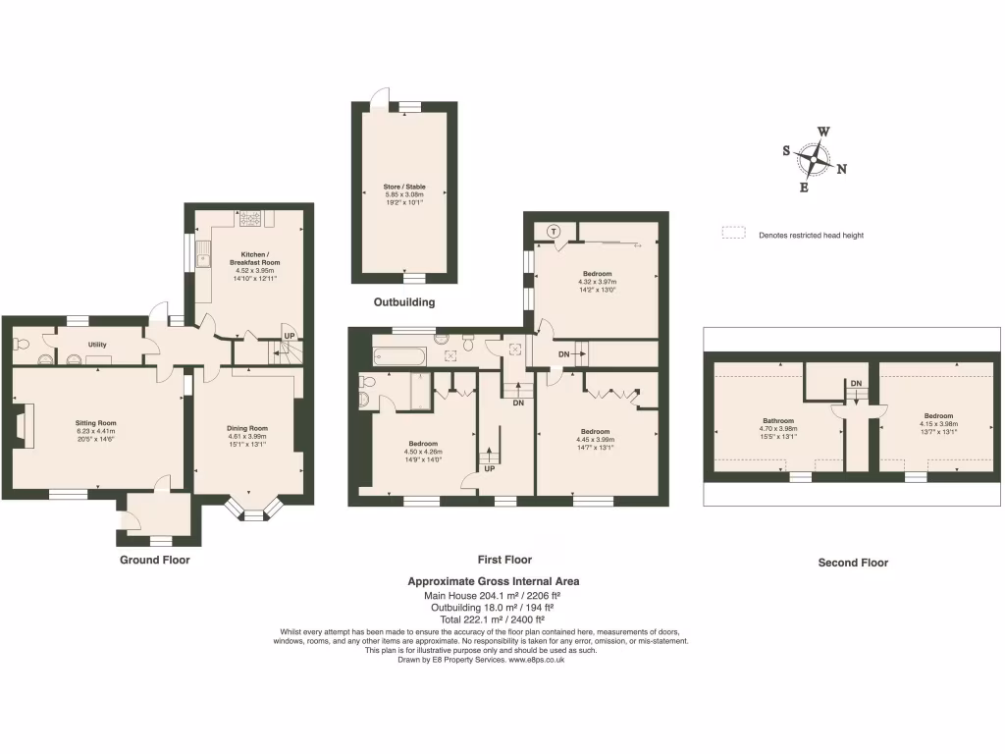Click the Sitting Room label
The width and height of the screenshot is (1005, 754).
pyautogui.click(x=96, y=423)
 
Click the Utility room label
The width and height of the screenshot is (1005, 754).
pyautogui.click(x=97, y=345)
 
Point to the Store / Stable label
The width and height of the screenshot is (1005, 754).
pyautogui.click(x=404, y=187)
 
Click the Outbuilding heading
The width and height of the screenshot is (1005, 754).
pyautogui.click(x=404, y=302)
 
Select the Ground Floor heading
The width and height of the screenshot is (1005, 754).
pyautogui.click(x=155, y=560)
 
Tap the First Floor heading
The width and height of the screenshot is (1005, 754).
pyautogui.click(x=504, y=560)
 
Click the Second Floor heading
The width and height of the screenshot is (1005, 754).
pyautogui.click(x=853, y=563)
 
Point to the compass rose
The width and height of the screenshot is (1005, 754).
pyautogui.click(x=814, y=158)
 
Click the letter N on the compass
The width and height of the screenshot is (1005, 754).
pyautogui.click(x=842, y=169)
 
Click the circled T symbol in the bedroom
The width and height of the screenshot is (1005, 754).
pyautogui.click(x=555, y=232)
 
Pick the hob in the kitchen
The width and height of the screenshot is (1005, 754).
pyautogui.click(x=249, y=218)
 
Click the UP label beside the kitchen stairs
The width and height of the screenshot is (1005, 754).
pyautogui.click(x=289, y=337)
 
